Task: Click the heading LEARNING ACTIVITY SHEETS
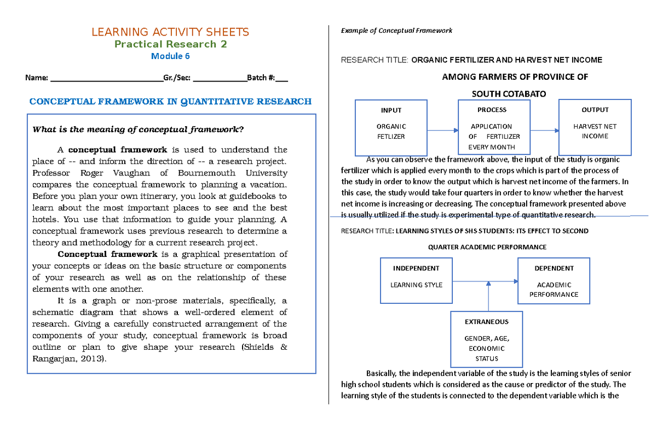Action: point(170,32)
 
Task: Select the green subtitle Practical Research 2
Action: point(170,44)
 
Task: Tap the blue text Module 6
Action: point(170,56)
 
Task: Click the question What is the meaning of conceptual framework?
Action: point(138,130)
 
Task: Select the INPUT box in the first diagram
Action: point(391,128)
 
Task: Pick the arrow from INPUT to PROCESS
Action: point(442,131)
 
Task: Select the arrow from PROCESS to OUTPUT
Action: point(545,131)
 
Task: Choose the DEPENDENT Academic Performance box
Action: point(554,281)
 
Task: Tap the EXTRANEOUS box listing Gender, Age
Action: point(487,339)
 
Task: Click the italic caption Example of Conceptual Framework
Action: point(396,31)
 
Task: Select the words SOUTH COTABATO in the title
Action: point(509,94)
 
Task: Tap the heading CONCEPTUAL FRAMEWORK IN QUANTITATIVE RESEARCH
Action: point(170,102)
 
